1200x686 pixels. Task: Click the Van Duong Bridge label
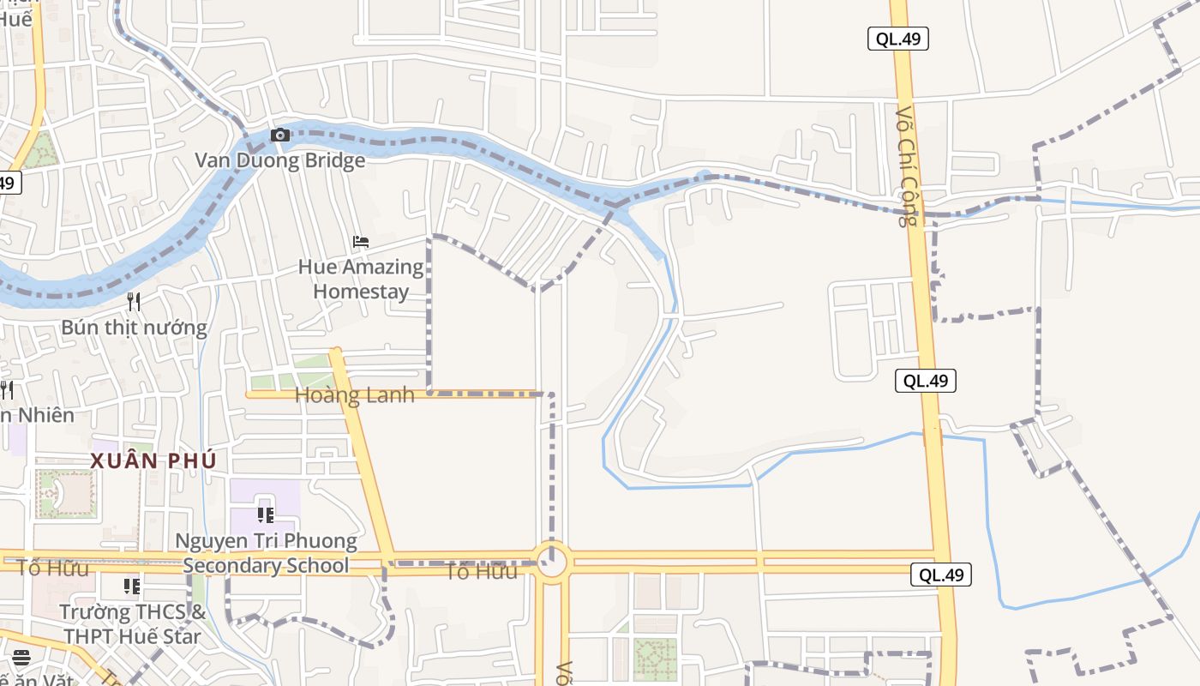pyautogui.click(x=279, y=160)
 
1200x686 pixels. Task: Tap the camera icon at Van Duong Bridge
pyautogui.click(x=279, y=135)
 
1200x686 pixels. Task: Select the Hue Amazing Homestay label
pyautogui.click(x=361, y=279)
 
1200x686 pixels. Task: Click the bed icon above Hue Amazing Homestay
pyautogui.click(x=361, y=242)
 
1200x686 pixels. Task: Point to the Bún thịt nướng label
pyautogui.click(x=134, y=328)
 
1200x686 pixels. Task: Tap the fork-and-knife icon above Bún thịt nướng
pyautogui.click(x=134, y=301)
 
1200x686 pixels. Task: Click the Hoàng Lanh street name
pyautogui.click(x=354, y=395)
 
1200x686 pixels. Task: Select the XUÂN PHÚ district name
pyautogui.click(x=153, y=460)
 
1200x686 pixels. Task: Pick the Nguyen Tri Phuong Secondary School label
pyautogui.click(x=266, y=553)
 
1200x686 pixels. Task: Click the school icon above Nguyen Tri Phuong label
pyautogui.click(x=266, y=515)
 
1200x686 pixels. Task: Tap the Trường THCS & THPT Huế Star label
pyautogui.click(x=132, y=624)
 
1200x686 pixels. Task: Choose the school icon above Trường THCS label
pyautogui.click(x=132, y=587)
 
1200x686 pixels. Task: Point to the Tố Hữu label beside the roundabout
pyautogui.click(x=482, y=572)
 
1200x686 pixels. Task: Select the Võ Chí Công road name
pyautogui.click(x=907, y=166)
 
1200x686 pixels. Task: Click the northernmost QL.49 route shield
pyautogui.click(x=897, y=39)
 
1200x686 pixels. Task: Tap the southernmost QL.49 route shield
pyautogui.click(x=940, y=575)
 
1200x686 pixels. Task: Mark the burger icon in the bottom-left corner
pyautogui.click(x=21, y=658)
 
